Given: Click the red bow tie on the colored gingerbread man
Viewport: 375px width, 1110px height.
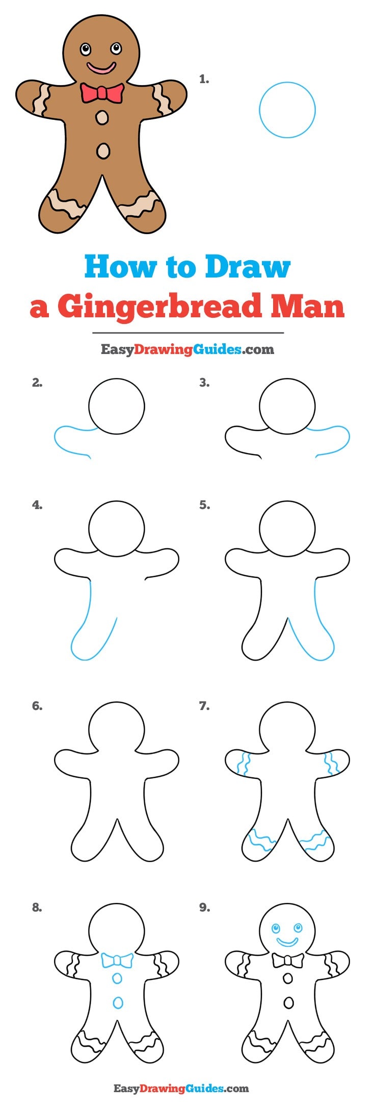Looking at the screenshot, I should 102,93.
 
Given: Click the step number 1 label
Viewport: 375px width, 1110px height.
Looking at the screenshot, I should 204,79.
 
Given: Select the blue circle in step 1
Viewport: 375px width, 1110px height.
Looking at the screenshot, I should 287,110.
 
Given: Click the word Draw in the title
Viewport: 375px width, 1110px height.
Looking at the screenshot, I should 248,267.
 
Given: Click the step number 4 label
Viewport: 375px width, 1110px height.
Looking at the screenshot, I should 37,505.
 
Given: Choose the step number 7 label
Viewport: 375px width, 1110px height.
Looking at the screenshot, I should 204,706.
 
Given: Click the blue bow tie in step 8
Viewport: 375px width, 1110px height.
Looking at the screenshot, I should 117,961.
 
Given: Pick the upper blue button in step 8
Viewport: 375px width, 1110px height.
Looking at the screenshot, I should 117,978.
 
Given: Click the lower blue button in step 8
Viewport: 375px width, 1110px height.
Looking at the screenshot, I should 118,1002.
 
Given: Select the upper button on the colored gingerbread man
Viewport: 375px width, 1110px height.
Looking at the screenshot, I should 102,118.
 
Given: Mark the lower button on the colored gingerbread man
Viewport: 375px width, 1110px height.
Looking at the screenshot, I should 103,150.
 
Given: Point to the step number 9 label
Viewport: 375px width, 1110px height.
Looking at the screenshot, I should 204,907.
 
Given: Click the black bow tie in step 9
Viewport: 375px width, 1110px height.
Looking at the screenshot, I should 288,961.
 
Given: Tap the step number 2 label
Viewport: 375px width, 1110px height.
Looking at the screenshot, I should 37,383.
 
